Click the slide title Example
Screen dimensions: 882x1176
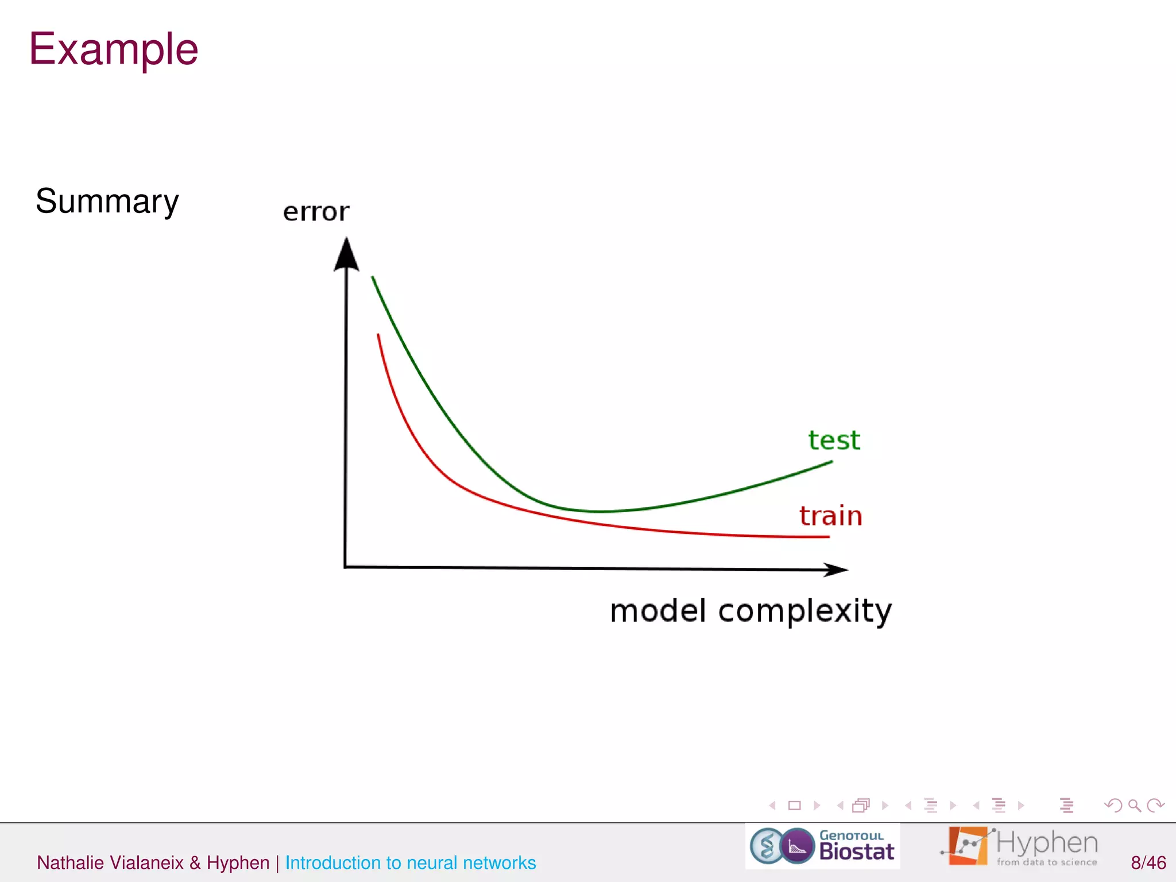click(113, 49)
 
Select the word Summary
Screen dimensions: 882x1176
click(107, 202)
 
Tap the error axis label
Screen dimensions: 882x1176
click(316, 212)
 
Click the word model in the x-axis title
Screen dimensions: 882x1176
click(657, 610)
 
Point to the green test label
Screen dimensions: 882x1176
click(834, 440)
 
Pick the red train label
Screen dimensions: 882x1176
click(830, 516)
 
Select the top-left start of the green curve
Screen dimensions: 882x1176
click(373, 277)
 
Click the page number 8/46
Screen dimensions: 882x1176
click(1148, 862)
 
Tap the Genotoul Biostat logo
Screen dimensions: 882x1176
click(822, 846)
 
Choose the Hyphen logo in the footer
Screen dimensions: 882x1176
click(1019, 846)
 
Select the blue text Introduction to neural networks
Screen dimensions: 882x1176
click(410, 862)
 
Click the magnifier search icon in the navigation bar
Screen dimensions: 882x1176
click(1134, 806)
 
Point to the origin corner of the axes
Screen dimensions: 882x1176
click(345, 567)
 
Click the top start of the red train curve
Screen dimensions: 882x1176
click(378, 335)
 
